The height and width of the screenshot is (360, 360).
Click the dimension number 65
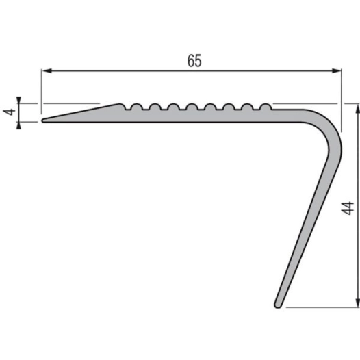(194, 60)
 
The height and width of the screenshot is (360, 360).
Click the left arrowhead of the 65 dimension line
(47, 70)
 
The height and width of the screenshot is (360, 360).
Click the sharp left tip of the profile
(43, 120)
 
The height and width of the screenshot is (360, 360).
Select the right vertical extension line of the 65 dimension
(340, 96)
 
